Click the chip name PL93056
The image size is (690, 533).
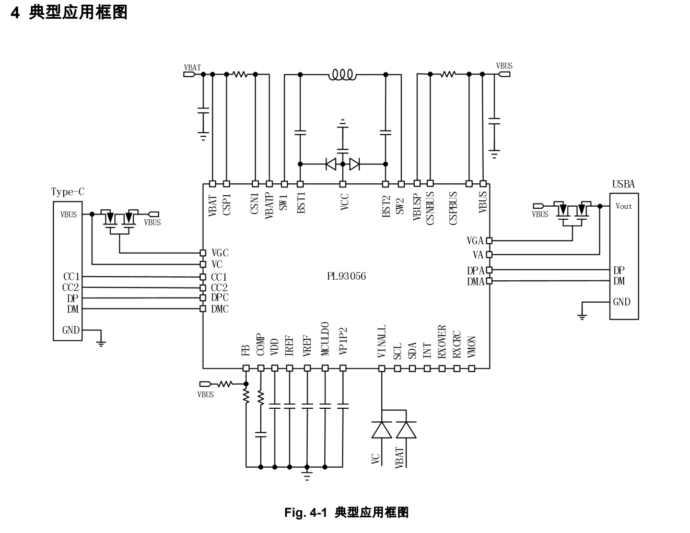(x=346, y=276)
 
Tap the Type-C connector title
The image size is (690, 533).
(x=67, y=192)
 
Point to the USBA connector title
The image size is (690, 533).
(x=623, y=184)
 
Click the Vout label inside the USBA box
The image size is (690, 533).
(x=624, y=206)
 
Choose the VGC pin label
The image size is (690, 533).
(x=220, y=253)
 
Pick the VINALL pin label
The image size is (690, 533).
(x=381, y=341)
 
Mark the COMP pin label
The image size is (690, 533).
(x=260, y=345)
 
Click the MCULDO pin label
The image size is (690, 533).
(x=325, y=339)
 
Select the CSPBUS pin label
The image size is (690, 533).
(x=453, y=208)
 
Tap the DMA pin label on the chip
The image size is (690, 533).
(x=475, y=282)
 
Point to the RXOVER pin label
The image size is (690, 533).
(x=442, y=342)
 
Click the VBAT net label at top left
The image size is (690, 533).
(x=192, y=67)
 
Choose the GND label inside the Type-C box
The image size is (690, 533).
(x=71, y=330)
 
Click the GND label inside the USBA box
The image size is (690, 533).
(x=622, y=302)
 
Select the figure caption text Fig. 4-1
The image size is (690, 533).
(x=306, y=513)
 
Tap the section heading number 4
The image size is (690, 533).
(x=15, y=12)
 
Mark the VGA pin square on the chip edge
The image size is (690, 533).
(x=489, y=241)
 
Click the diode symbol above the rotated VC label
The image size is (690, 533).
(x=382, y=430)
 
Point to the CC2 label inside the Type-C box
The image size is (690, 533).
(x=71, y=288)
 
